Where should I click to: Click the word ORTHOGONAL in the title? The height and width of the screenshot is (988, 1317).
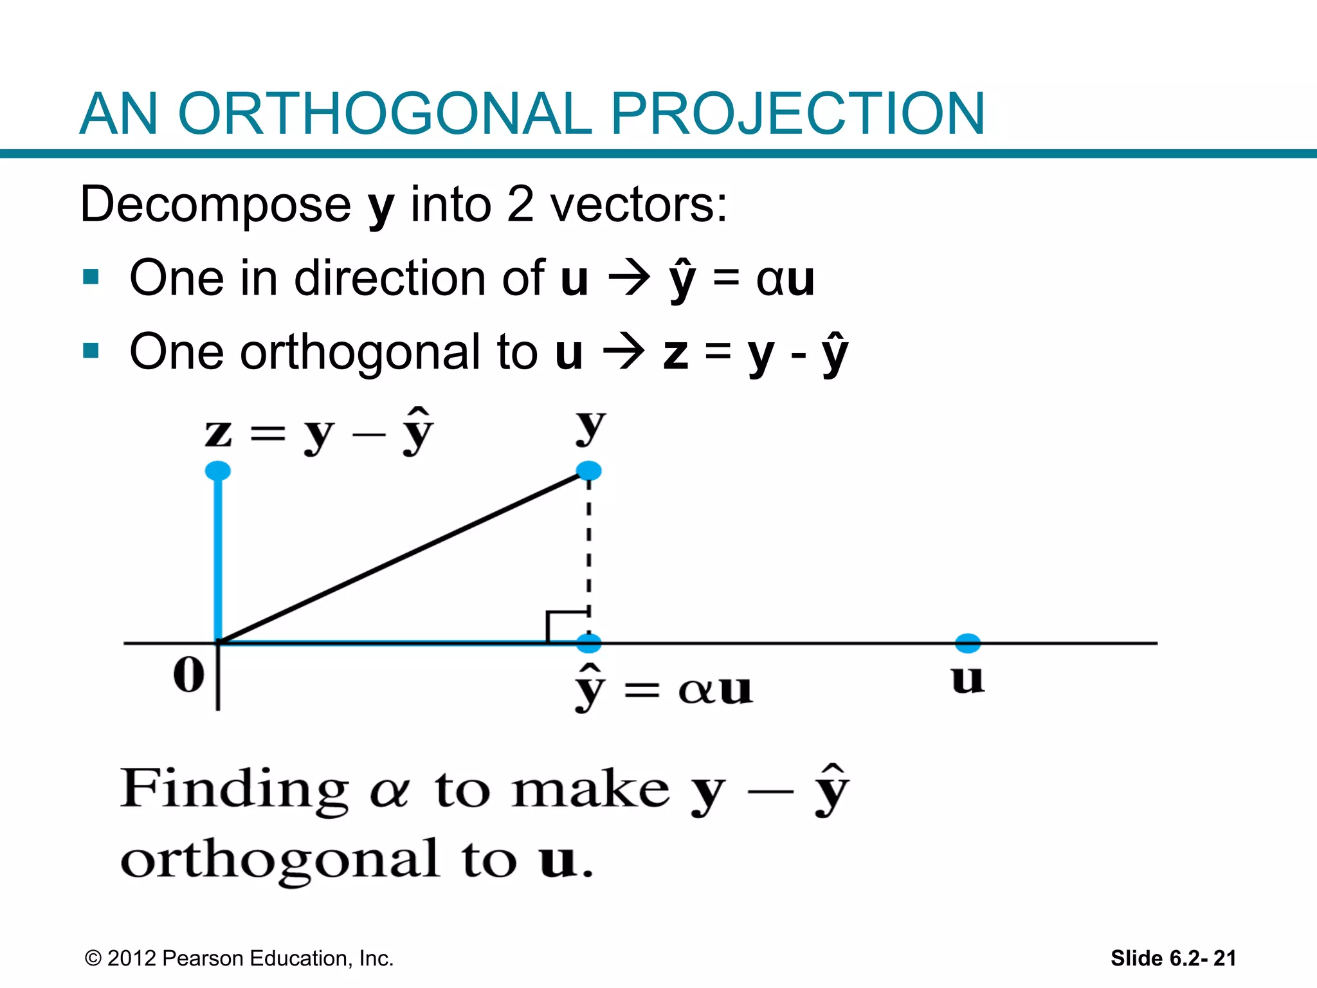(384, 114)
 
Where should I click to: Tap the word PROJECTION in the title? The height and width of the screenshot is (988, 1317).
(797, 114)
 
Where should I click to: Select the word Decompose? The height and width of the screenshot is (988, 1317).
(215, 205)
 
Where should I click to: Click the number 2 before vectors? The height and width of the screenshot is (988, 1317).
(520, 205)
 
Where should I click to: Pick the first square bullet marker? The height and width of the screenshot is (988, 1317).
(91, 277)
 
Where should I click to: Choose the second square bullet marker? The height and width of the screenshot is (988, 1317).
(91, 351)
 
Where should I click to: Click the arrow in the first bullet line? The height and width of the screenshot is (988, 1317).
(629, 279)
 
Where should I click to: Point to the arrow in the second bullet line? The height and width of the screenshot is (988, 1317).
(623, 353)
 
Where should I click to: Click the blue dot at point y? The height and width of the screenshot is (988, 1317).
(588, 471)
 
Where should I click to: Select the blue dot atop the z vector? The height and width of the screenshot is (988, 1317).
(218, 471)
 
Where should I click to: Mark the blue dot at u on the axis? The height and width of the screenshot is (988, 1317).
(967, 642)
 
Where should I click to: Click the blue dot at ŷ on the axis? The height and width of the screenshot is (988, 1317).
(588, 642)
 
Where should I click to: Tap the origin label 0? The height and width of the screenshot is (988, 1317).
(188, 675)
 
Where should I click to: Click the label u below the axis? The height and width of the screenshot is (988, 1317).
(967, 679)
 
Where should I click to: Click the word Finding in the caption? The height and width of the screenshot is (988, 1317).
(235, 789)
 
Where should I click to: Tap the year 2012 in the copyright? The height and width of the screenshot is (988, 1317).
(131, 958)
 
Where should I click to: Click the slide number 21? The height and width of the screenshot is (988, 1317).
(1224, 958)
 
